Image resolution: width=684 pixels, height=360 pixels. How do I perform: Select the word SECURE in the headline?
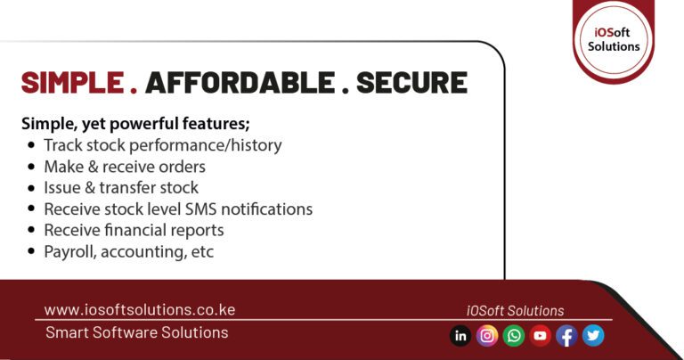pyautogui.click(x=411, y=82)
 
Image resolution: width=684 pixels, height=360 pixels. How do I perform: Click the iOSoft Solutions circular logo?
pyautogui.click(x=614, y=37)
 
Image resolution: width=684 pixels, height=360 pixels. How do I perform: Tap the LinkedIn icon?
pyautogui.click(x=460, y=336)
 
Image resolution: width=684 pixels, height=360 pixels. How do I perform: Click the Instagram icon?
pyautogui.click(x=487, y=336)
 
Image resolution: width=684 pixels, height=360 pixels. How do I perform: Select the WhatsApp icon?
pyautogui.click(x=514, y=336)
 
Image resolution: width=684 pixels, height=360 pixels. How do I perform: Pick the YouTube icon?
pyautogui.click(x=540, y=336)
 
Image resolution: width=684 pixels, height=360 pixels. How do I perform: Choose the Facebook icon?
pyautogui.click(x=566, y=336)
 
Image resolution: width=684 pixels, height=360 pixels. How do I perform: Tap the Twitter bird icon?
pyautogui.click(x=593, y=336)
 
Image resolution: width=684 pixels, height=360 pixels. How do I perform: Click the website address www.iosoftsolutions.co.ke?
pyautogui.click(x=140, y=310)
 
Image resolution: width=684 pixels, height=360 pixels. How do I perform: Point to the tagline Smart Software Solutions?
pyautogui.click(x=136, y=332)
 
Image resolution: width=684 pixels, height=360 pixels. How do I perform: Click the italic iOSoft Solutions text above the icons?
pyautogui.click(x=515, y=311)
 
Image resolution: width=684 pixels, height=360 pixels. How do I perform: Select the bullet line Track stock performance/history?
pyautogui.click(x=162, y=145)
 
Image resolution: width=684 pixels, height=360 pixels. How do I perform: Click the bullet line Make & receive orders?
pyautogui.click(x=125, y=167)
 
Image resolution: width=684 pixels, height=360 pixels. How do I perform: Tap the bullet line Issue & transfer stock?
pyautogui.click(x=121, y=188)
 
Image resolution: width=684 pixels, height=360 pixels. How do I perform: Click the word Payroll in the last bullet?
pyautogui.click(x=69, y=252)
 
